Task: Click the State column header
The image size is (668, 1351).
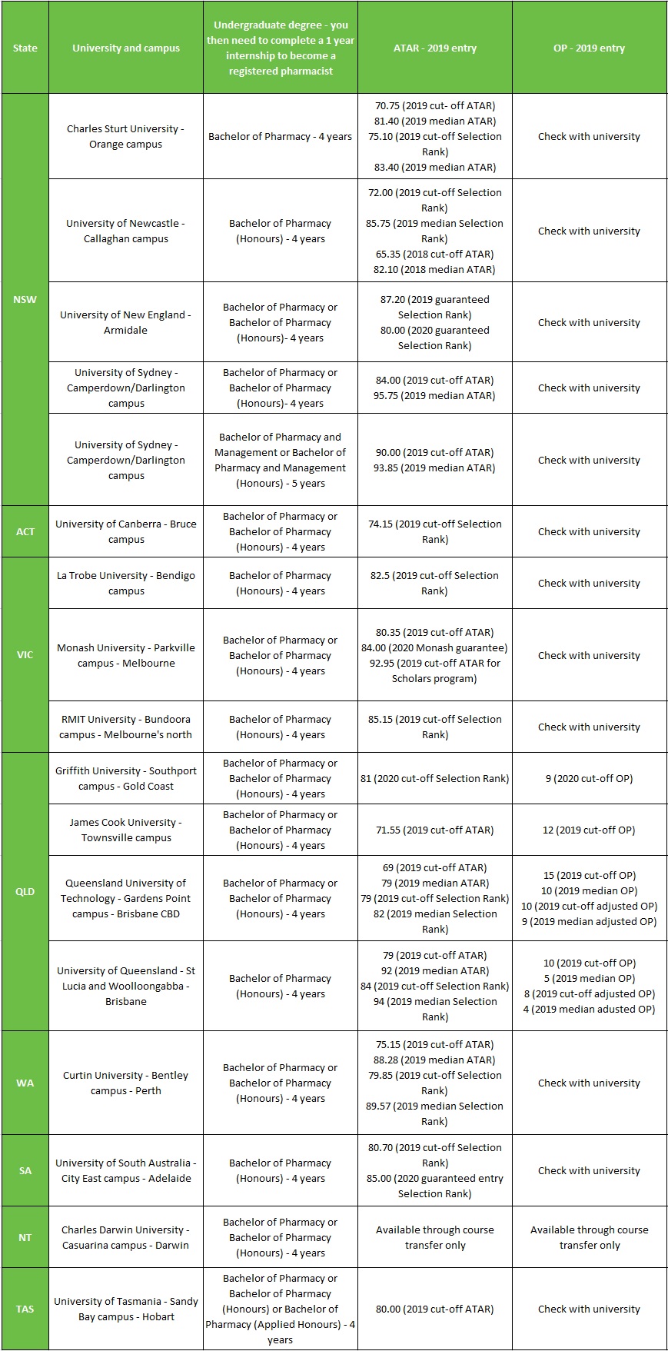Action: tap(25, 48)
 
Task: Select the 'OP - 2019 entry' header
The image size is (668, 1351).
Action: tap(589, 48)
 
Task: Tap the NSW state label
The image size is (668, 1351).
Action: tap(25, 299)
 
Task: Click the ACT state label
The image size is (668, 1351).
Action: tap(25, 531)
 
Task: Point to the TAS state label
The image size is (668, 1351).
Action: tap(25, 1309)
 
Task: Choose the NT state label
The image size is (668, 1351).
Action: tap(25, 1237)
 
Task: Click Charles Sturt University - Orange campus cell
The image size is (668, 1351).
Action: tap(125, 136)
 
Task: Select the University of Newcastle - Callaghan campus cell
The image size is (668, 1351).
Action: tap(125, 231)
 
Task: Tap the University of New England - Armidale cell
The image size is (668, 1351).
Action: tap(125, 322)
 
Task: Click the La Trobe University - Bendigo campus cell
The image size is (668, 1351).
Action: tap(125, 583)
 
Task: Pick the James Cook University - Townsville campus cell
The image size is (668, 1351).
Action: tap(125, 830)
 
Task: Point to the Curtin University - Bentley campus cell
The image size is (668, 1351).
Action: tap(125, 1083)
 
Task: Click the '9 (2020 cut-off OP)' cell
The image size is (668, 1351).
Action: tap(589, 778)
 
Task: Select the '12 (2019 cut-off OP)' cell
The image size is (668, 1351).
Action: tap(589, 830)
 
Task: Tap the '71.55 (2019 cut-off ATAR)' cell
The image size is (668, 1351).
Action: tap(434, 830)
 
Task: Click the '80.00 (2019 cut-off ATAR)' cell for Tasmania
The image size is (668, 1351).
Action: tap(434, 1309)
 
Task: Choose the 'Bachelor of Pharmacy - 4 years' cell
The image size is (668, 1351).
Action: tap(280, 136)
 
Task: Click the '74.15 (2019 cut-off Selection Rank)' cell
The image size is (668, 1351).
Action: tap(434, 531)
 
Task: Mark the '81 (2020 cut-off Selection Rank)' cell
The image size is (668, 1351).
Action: tap(434, 778)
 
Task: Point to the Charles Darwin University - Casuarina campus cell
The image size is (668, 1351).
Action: tap(125, 1237)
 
